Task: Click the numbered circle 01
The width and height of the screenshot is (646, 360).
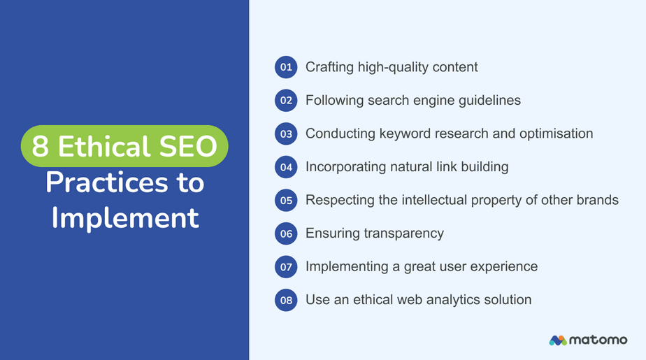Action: [x=286, y=67]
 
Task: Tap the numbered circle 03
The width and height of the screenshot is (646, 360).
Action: [x=286, y=134]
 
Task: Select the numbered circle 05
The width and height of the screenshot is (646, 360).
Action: [x=286, y=200]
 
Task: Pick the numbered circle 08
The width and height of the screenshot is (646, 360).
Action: [x=286, y=300]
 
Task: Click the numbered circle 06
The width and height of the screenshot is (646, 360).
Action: [x=286, y=233]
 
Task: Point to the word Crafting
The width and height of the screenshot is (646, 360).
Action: [x=329, y=67]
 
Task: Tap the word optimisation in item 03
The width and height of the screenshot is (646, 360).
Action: [x=557, y=134]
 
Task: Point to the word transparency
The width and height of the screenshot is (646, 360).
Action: [x=403, y=233]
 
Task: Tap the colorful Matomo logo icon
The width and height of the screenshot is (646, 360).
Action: [x=558, y=340]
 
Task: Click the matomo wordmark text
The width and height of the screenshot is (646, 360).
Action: [x=598, y=340]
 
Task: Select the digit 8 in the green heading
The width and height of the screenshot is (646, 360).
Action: [x=40, y=146]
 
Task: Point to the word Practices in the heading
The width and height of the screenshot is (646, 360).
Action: [x=107, y=182]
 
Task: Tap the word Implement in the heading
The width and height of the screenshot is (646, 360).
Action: [x=125, y=217]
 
